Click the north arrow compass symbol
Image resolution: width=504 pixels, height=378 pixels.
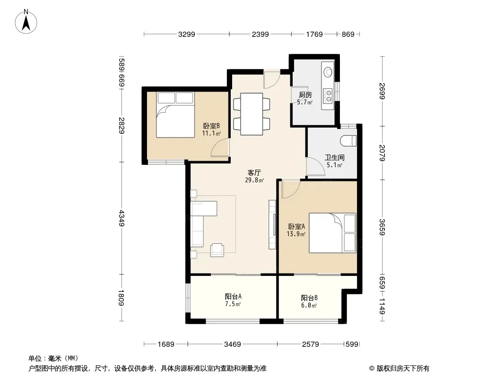(x=26, y=22)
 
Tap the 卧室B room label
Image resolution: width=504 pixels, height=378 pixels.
(x=211, y=126)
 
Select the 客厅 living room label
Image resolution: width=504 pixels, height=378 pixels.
(x=254, y=172)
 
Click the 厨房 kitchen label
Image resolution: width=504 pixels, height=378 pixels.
(x=305, y=95)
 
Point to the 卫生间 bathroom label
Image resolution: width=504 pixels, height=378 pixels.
(x=334, y=157)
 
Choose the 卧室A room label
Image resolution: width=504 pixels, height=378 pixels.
(x=296, y=226)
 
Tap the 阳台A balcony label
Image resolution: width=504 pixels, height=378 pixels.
(x=233, y=296)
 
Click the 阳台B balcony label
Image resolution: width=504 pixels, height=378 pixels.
(x=309, y=298)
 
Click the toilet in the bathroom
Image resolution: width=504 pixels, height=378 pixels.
(x=348, y=141)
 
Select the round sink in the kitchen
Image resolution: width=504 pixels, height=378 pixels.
(x=328, y=72)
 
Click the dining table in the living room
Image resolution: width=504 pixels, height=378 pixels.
(x=252, y=114)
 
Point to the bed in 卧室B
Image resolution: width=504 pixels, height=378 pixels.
(x=175, y=115)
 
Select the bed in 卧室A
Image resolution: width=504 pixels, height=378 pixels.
(x=332, y=233)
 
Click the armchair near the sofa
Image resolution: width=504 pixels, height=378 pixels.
(x=217, y=250)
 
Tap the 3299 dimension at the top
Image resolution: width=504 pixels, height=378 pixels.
(x=187, y=34)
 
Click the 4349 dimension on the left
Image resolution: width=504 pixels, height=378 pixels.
(x=122, y=218)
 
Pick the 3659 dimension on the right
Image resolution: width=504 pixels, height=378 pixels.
(x=382, y=227)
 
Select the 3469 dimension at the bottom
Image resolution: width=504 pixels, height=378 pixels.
(x=233, y=344)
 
